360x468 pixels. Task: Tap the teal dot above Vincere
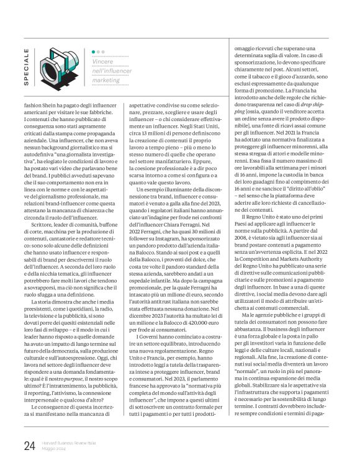point(94,52)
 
